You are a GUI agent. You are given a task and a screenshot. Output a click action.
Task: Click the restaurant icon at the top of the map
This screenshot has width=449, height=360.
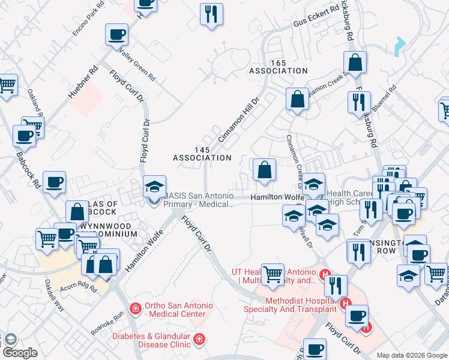click(x=211, y=14)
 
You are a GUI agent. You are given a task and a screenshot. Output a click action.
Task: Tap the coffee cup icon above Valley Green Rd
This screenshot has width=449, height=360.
click(x=117, y=34)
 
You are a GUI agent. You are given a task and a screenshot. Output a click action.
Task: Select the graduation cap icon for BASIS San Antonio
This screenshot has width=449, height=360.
click(x=154, y=187)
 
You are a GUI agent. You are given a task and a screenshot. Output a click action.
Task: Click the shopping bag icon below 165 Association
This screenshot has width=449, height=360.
click(x=297, y=99)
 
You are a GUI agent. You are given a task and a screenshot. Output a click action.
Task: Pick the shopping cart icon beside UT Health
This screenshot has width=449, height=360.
click(x=273, y=274)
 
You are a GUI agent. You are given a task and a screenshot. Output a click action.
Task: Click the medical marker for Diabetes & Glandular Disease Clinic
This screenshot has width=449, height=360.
click(x=199, y=340)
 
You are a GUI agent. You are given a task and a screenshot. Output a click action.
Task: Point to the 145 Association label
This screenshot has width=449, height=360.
click(x=202, y=154)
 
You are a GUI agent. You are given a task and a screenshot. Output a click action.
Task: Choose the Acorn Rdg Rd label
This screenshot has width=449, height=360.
click(x=78, y=285)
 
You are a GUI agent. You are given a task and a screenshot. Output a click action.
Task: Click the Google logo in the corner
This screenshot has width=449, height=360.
click(x=20, y=353)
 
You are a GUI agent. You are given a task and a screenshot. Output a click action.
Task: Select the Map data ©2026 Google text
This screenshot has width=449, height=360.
click(x=411, y=355)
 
